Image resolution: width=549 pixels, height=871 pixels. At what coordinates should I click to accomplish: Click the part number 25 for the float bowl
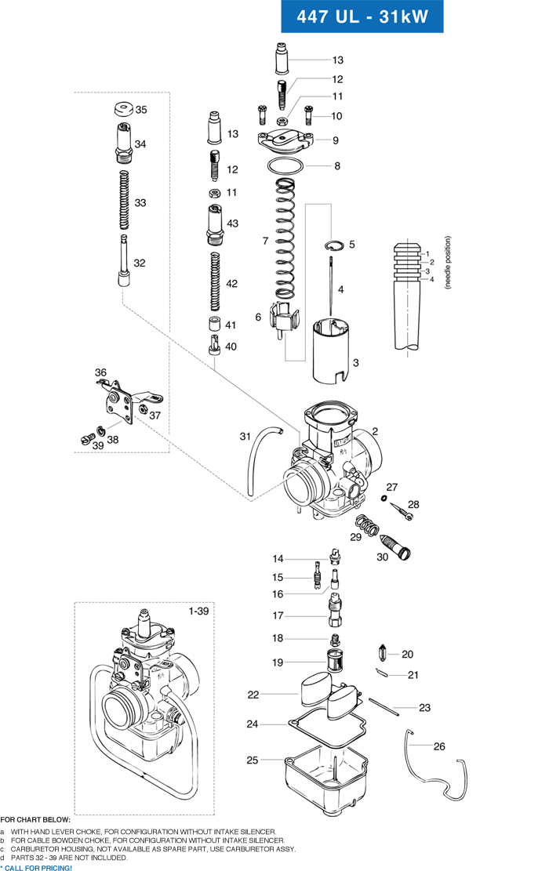click(253, 760)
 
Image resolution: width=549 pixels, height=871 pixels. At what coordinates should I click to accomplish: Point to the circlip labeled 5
click(335, 245)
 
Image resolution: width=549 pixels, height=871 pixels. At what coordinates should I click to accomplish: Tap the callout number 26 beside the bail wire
click(439, 746)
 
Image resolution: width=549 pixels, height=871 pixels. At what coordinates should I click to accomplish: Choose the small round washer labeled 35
click(122, 109)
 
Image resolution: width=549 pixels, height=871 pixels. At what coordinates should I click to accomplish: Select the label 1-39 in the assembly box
click(199, 610)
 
